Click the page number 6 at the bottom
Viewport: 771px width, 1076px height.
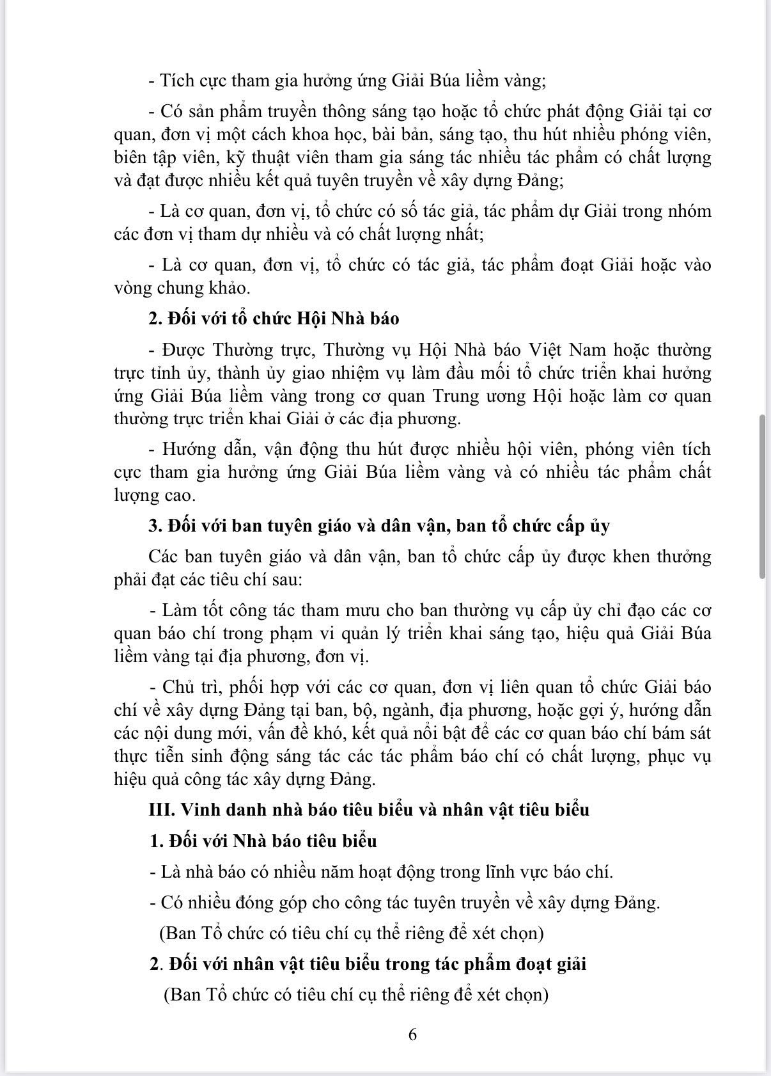coord(412,1034)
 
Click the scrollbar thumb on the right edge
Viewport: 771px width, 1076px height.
coord(762,496)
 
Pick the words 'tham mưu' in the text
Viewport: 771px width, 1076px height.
coord(349,610)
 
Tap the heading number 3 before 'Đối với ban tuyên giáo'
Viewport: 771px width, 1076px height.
coord(154,526)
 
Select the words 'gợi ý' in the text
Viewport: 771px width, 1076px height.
coord(612,710)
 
